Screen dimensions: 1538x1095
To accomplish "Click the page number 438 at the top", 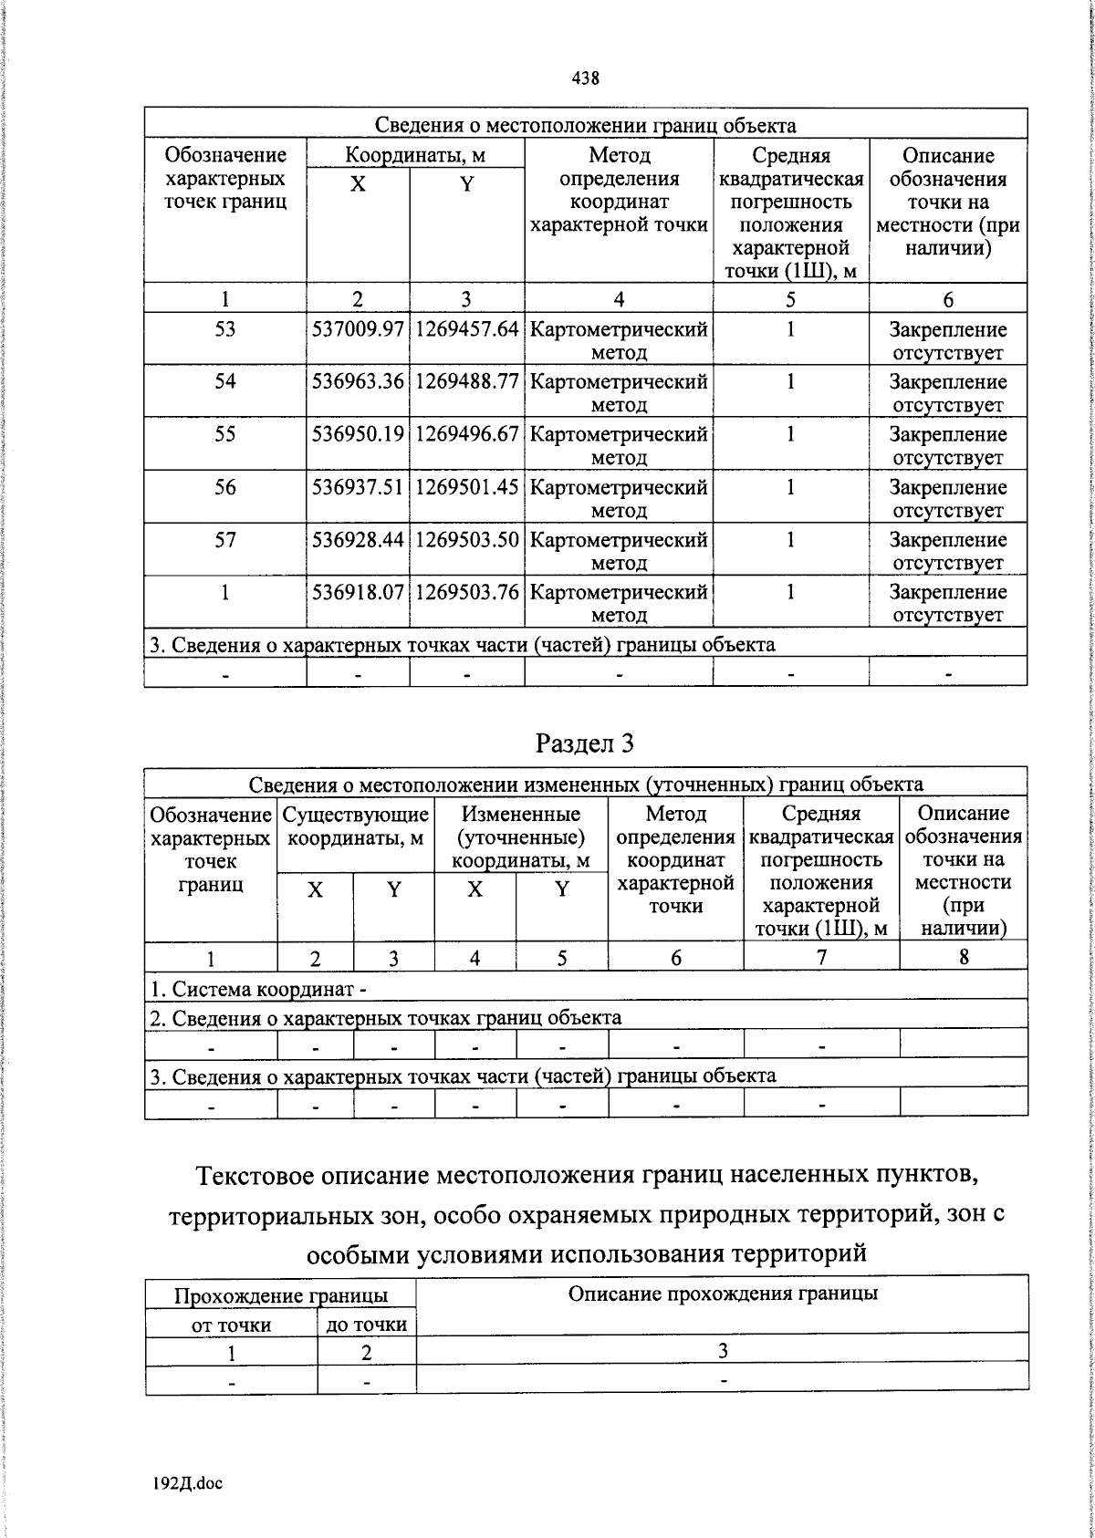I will point(585,78).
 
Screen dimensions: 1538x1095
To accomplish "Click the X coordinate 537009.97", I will point(358,329).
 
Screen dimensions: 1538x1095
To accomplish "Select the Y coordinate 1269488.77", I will point(466,381).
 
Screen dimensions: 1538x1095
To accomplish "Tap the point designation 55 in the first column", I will point(224,434).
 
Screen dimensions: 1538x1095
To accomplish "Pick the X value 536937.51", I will point(358,487).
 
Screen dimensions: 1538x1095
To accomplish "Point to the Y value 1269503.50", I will point(466,540).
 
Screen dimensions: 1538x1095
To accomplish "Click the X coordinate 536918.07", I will point(358,592).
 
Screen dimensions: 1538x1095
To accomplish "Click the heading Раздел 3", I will point(585,743).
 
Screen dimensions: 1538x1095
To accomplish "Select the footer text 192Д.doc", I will point(188,1483).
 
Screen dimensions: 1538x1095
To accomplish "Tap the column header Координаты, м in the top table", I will point(415,155).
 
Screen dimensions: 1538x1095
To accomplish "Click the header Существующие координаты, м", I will point(355,825).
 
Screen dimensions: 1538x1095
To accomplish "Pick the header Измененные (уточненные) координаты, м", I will point(520,837).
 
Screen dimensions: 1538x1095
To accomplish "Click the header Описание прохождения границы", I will point(723,1294).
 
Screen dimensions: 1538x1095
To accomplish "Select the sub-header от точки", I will point(231,1325).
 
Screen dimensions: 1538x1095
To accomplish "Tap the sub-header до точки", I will point(366,1325).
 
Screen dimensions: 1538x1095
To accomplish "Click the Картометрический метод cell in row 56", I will point(619,497).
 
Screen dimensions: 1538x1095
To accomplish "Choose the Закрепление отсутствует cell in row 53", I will point(947,340).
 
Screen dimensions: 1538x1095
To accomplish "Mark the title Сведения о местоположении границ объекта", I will point(585,126).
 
